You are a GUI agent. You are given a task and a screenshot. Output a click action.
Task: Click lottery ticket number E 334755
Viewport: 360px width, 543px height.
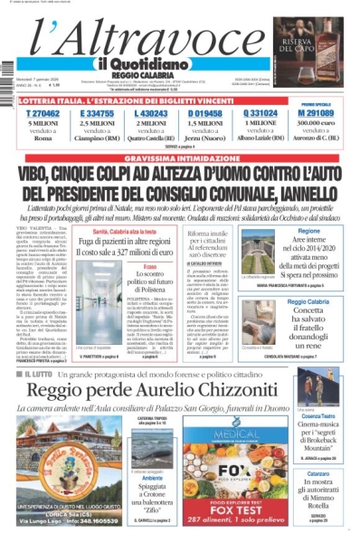pos(97,113)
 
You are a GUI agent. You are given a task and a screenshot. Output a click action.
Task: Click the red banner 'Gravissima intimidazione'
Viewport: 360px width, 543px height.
pos(179,156)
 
